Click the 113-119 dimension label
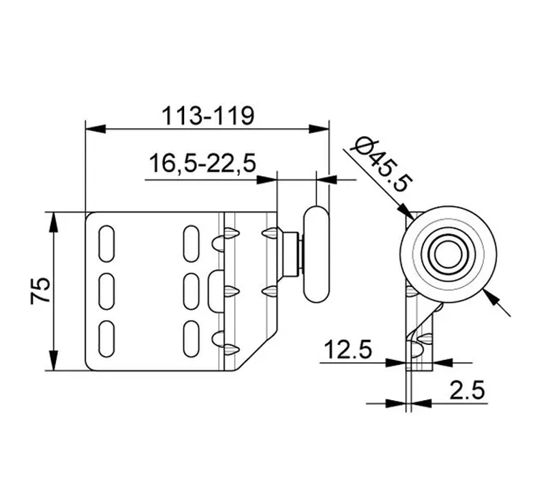[x=208, y=115]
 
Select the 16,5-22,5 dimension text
[x=202, y=163]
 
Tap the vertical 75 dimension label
[x=41, y=291]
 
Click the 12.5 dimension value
[x=347, y=349]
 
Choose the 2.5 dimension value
[x=467, y=390]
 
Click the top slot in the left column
[x=107, y=243]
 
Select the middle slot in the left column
[x=107, y=291]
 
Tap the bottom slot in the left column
[x=107, y=339]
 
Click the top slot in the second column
[x=191, y=243]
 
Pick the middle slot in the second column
[x=191, y=291]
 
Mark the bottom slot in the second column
[x=191, y=339]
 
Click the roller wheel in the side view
[x=317, y=254]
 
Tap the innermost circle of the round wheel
[x=448, y=254]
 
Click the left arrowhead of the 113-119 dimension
[x=95, y=129]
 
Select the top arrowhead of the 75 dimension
[x=53, y=222]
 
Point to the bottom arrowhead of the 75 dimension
[x=53, y=361]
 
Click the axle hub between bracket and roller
[x=290, y=254]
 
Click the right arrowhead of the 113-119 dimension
[x=319, y=129]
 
